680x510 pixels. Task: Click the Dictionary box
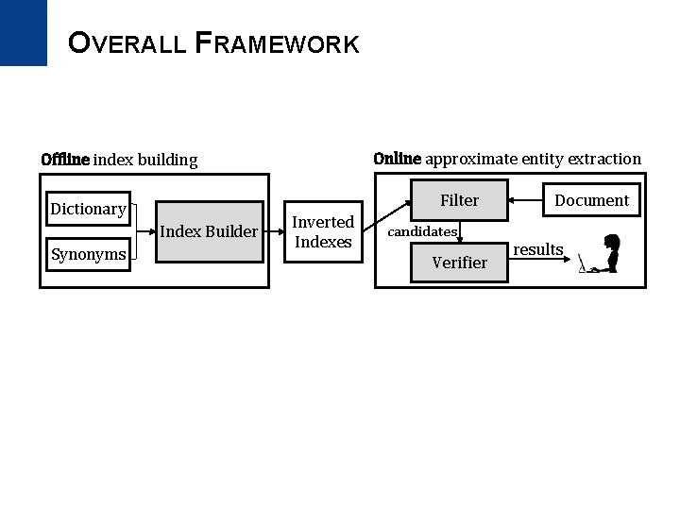click(88, 209)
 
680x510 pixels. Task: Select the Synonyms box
click(88, 254)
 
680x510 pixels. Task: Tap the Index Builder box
click(209, 231)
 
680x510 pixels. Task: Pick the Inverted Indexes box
click(323, 231)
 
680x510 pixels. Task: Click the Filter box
click(459, 200)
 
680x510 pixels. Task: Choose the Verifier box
click(459, 263)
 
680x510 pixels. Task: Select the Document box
click(591, 200)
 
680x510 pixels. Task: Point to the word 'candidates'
click(423, 231)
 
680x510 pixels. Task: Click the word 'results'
click(537, 249)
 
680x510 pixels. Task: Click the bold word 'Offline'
click(65, 160)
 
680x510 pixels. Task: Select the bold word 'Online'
click(397, 159)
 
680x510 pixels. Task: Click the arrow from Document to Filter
click(525, 200)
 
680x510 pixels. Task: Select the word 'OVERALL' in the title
click(127, 43)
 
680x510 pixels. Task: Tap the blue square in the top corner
click(23, 32)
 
